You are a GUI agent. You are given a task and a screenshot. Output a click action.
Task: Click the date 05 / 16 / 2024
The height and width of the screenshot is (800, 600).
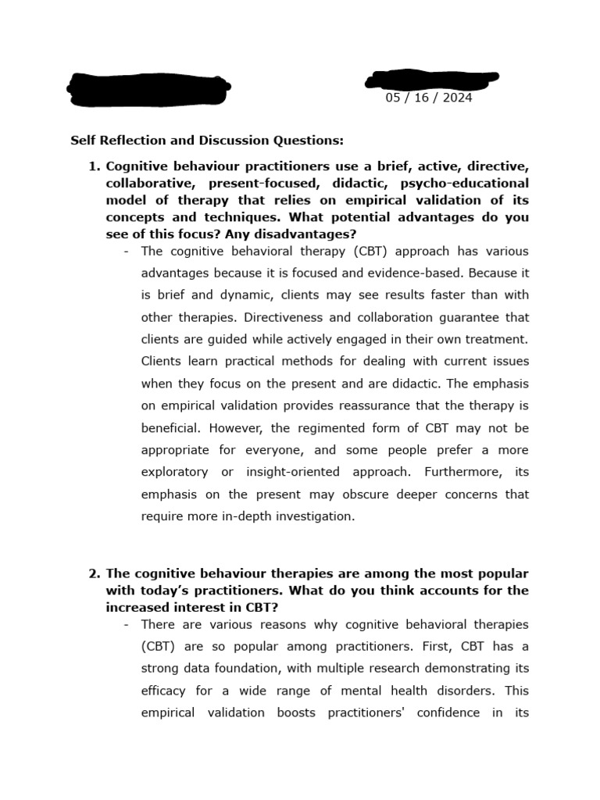pos(428,98)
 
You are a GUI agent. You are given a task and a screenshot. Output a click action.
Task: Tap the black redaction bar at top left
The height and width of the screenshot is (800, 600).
pos(148,89)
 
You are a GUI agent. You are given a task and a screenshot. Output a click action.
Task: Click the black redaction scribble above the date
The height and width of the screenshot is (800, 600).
pos(431,79)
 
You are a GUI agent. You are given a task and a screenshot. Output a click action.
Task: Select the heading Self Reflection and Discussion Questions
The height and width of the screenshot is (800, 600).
pos(207,141)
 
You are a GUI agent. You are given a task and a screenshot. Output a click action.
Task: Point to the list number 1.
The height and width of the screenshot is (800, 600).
pos(94,166)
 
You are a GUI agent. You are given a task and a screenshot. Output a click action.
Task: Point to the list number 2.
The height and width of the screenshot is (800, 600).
pos(94,573)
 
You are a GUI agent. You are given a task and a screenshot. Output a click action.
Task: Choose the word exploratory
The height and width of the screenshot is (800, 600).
pos(174,472)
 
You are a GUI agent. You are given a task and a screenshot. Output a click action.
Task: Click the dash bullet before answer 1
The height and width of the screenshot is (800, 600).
pos(127,252)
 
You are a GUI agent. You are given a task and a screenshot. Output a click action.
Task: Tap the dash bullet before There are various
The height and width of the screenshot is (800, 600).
pos(127,625)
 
